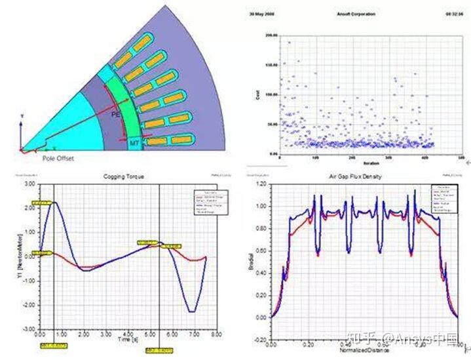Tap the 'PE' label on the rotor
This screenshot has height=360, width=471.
pyautogui.click(x=115, y=114)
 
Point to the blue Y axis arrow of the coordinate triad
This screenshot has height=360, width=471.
pyautogui.click(x=22, y=118)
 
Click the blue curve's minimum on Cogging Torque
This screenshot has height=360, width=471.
pyautogui.click(x=191, y=311)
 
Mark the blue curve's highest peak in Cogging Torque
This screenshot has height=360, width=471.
pyautogui.click(x=55, y=203)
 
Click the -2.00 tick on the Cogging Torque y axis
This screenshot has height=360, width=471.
pyautogui.click(x=28, y=306)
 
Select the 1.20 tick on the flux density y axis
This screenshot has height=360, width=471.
pyautogui.click(x=260, y=185)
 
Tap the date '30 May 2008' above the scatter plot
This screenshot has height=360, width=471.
pyautogui.click(x=261, y=12)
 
